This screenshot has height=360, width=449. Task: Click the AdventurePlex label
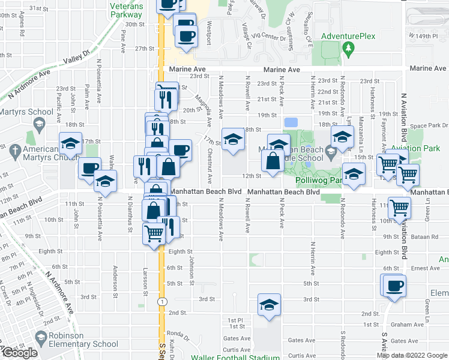point(348,36)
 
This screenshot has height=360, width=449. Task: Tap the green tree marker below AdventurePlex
point(348,49)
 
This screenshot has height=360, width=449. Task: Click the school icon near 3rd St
point(269,304)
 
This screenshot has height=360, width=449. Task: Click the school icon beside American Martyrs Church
point(70,144)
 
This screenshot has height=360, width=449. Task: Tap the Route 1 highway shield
point(161,301)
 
